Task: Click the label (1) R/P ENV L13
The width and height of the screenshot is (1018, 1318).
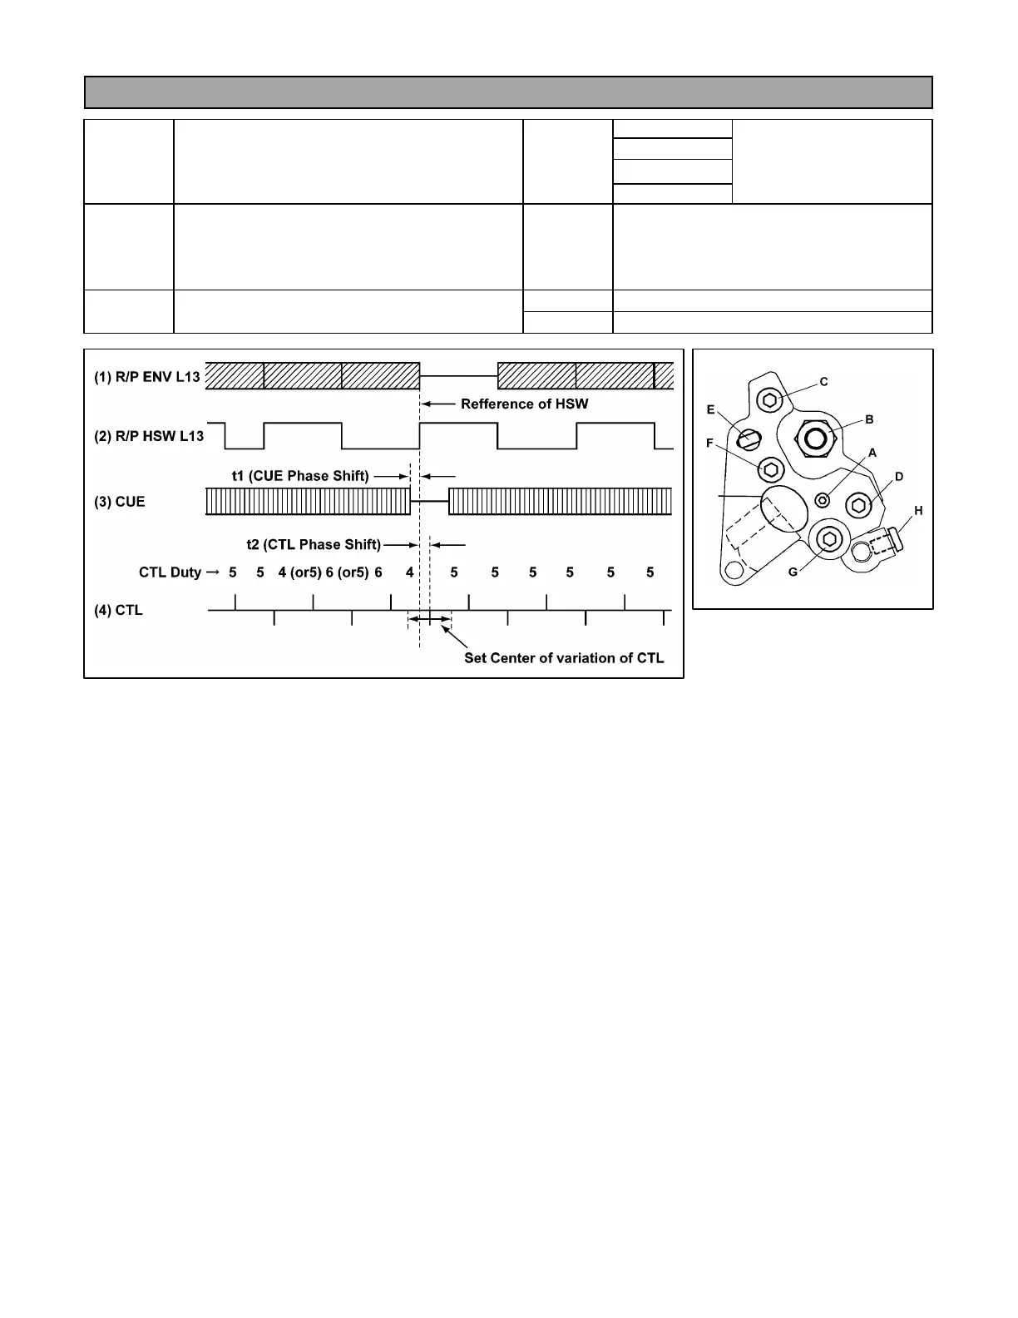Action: click(147, 376)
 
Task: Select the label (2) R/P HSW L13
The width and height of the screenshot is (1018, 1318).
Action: click(149, 436)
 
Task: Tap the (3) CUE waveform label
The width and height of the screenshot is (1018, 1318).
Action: click(119, 502)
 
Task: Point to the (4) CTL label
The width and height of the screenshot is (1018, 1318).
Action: click(118, 610)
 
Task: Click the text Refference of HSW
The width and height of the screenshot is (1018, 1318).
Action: click(524, 404)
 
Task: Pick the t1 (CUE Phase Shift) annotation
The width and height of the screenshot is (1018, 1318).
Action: click(300, 476)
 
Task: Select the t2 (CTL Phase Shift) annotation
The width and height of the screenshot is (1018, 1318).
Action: click(314, 544)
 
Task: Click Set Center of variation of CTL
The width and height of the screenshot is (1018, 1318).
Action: click(564, 658)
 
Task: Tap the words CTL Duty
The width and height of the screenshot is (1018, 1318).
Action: click(170, 572)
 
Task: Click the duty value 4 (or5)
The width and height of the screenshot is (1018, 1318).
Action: click(300, 572)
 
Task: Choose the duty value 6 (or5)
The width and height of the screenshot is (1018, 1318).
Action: click(347, 572)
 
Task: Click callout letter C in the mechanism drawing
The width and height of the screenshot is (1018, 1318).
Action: click(824, 382)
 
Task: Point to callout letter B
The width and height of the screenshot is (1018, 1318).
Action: click(869, 419)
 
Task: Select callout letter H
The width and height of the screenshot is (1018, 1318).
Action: click(918, 510)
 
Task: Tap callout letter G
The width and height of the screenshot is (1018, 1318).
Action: click(793, 572)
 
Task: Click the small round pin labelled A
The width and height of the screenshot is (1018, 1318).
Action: click(823, 499)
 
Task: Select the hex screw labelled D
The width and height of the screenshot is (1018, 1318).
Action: click(858, 504)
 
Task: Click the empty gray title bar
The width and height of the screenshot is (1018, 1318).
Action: click(508, 92)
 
